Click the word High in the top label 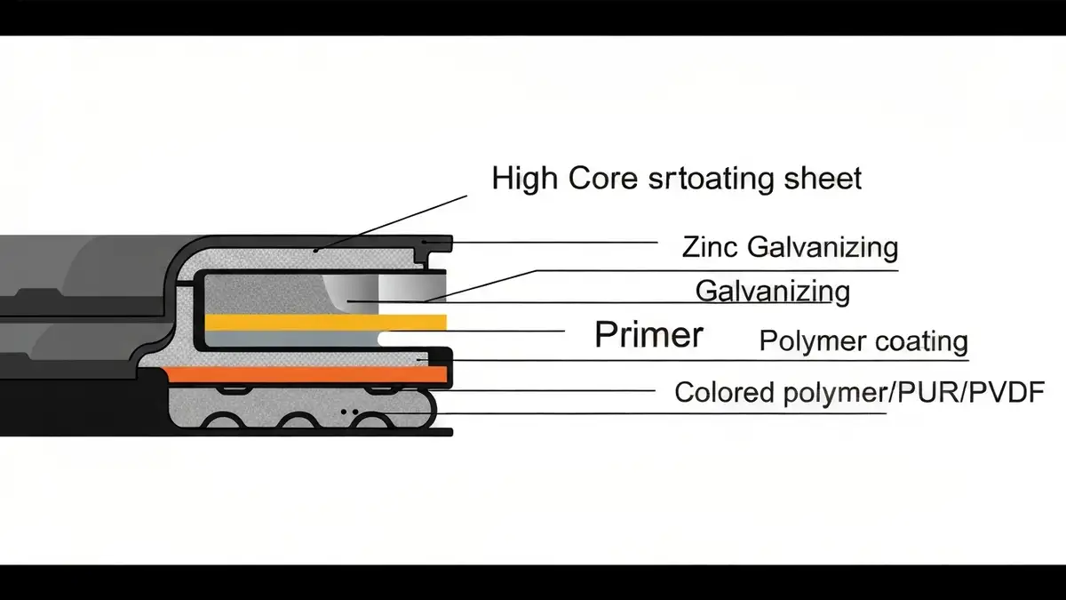[523, 180]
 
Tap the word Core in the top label [603, 178]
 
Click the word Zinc [709, 247]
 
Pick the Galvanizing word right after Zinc [823, 249]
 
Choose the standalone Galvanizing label [773, 292]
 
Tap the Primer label [649, 334]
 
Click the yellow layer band [326, 323]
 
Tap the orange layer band [305, 374]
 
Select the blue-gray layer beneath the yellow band [292, 339]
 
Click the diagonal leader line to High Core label [391, 222]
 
